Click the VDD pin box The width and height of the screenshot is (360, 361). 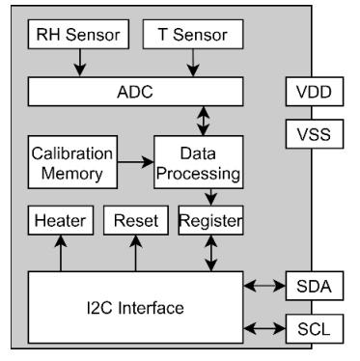pyautogui.click(x=312, y=94)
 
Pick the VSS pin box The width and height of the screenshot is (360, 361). pyautogui.click(x=312, y=133)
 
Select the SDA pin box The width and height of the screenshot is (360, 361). pyautogui.click(x=312, y=287)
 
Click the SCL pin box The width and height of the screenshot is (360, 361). pyautogui.click(x=312, y=329)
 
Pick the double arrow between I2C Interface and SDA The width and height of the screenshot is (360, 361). pyautogui.click(x=265, y=287)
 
